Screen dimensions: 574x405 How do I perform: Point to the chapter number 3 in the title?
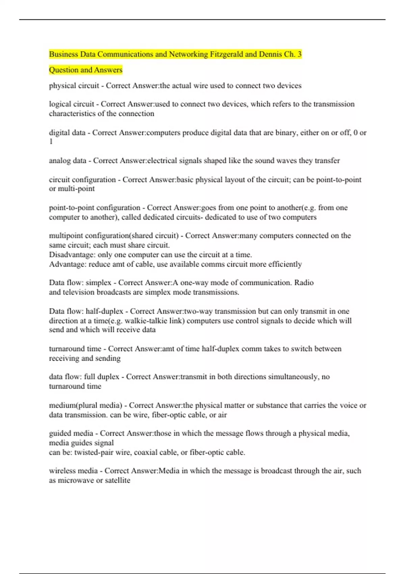pyautogui.click(x=299, y=54)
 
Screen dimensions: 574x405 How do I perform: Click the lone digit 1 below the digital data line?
pyautogui.click(x=51, y=142)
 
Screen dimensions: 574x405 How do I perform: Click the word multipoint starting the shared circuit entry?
pyautogui.click(x=66, y=236)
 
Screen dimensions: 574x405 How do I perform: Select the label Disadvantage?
pyautogui.click(x=72, y=255)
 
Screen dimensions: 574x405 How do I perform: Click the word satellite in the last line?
pyautogui.click(x=117, y=480)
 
